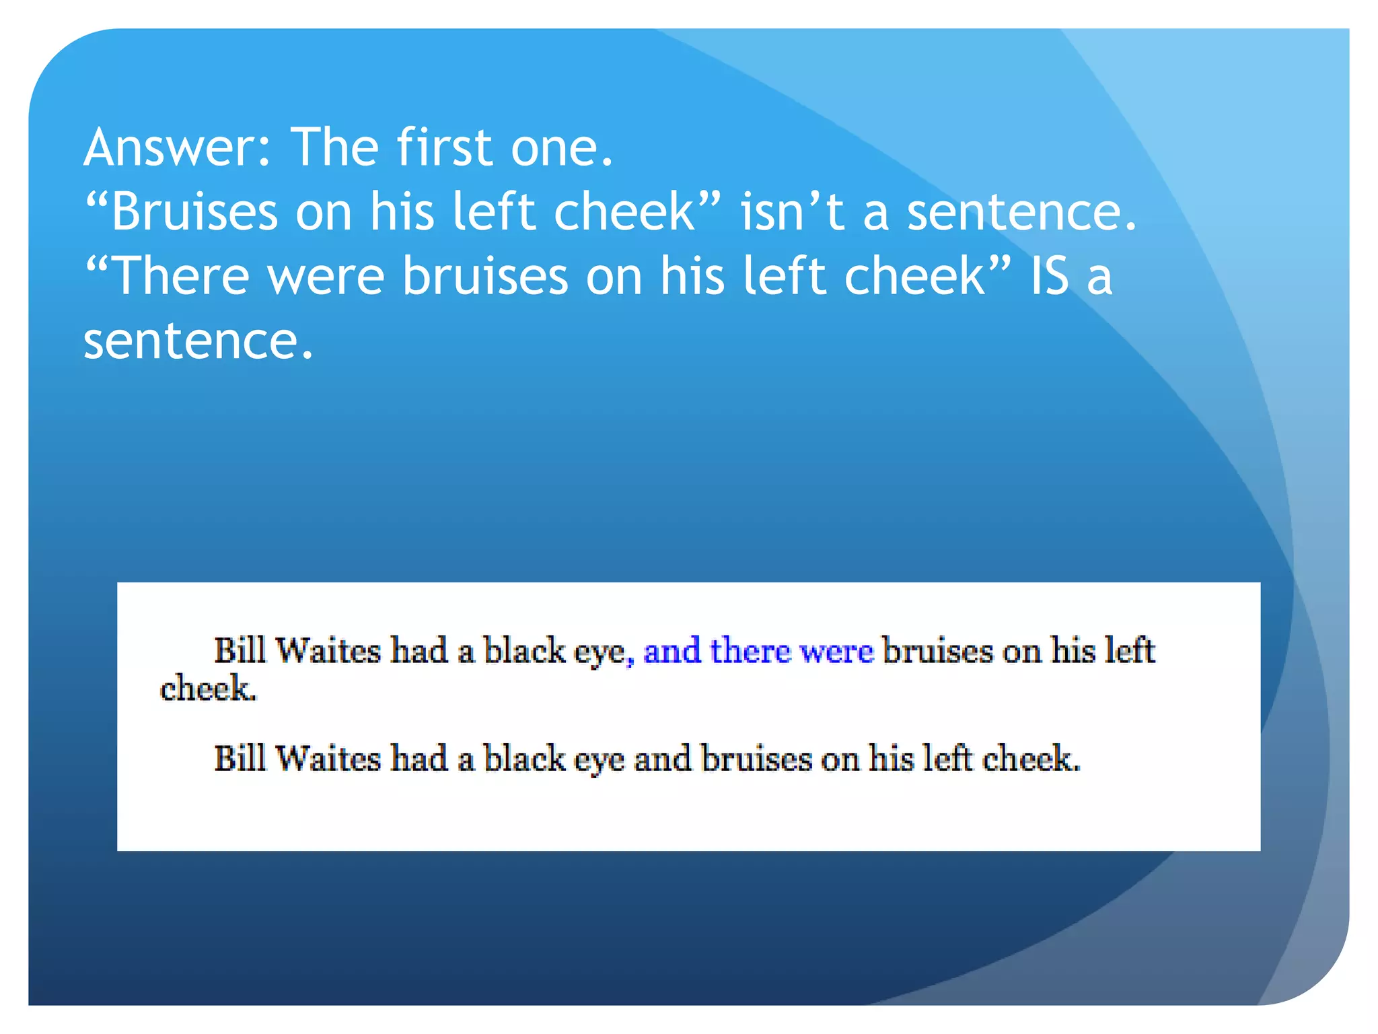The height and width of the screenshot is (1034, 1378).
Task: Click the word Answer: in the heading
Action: coord(177,147)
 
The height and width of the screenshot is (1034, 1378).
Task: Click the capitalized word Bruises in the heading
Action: coord(194,211)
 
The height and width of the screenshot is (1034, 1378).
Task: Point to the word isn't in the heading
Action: coord(792,211)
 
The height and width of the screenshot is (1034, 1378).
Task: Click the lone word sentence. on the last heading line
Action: coord(198,341)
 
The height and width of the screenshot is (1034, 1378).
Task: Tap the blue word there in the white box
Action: coord(750,651)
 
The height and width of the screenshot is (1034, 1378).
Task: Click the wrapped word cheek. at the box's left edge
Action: coord(208,689)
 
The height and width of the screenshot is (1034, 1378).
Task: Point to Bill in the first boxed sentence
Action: coord(240,651)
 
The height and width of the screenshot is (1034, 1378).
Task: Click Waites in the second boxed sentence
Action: coord(328,759)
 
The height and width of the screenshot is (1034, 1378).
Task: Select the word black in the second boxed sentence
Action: coord(525,759)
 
